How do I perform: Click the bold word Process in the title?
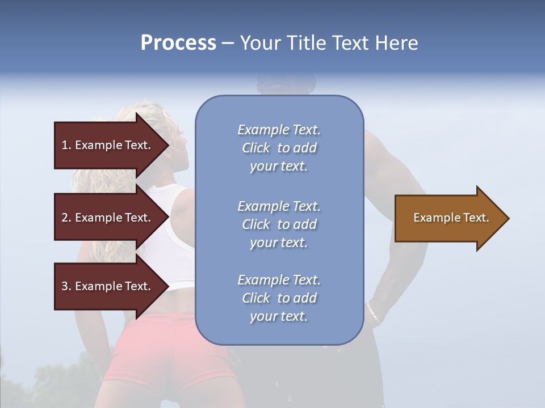point(178,43)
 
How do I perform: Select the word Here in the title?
point(396,43)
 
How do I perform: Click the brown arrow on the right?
point(448,218)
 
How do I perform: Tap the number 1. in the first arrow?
point(66,145)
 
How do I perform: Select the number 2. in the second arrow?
point(66,218)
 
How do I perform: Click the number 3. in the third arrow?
point(66,286)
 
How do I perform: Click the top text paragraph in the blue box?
point(279,148)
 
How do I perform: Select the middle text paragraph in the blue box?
point(279,224)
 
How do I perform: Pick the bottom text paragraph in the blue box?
point(279,298)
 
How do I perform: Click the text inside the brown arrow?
point(451,218)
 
